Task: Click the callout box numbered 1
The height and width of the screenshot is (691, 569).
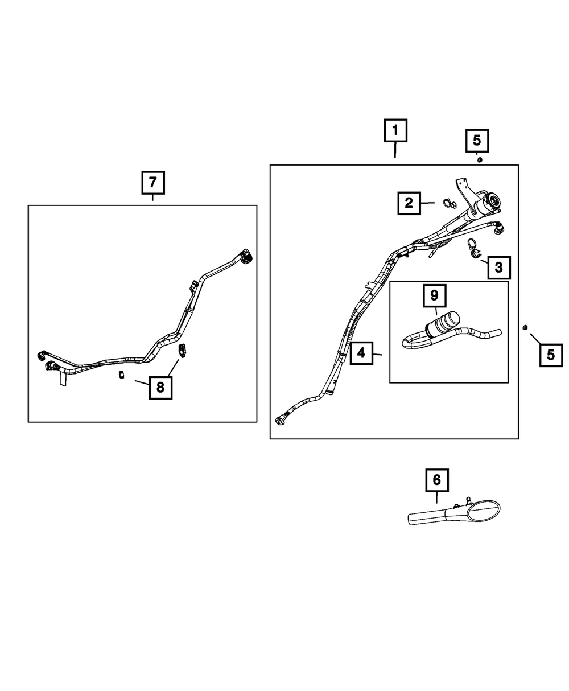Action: [395, 131]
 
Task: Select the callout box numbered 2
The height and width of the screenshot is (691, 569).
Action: [409, 202]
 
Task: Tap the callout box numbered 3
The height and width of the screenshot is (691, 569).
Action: [498, 267]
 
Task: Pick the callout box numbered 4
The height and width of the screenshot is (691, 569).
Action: [361, 354]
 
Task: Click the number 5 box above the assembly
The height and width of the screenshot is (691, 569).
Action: [477, 140]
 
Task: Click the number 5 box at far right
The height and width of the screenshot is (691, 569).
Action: [550, 355]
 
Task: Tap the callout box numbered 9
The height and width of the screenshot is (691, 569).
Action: [434, 295]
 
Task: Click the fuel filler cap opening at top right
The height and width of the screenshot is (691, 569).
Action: [493, 200]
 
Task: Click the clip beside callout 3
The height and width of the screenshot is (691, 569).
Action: [473, 248]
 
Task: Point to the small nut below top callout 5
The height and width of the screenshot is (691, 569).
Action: [479, 160]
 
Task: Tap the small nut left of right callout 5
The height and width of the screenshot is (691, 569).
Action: [525, 327]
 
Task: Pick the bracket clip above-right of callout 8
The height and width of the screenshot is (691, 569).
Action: [183, 350]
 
